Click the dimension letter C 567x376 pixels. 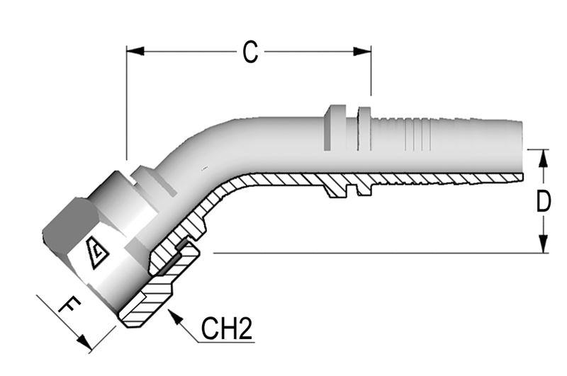pyautogui.click(x=250, y=52)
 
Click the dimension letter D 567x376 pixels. pyautogui.click(x=544, y=201)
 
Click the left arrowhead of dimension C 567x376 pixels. pyautogui.click(x=135, y=51)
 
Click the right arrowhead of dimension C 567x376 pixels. pyautogui.click(x=362, y=51)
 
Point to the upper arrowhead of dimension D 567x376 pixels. pyautogui.click(x=543, y=158)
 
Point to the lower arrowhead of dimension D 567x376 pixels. pyautogui.click(x=543, y=244)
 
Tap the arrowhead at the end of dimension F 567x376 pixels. pyautogui.click(x=84, y=343)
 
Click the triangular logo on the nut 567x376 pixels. pyautogui.click(x=97, y=253)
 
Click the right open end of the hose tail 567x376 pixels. pyautogui.click(x=522, y=148)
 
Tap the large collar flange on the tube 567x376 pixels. pyautogui.click(x=335, y=127)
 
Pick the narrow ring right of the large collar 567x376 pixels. pyautogui.click(x=364, y=129)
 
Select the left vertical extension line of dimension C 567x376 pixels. pyautogui.click(x=127, y=103)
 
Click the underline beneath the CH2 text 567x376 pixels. pyautogui.click(x=226, y=342)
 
